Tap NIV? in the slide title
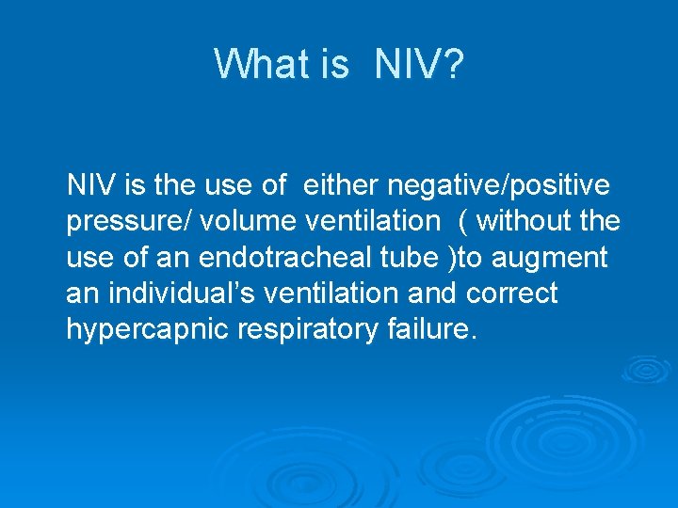pyautogui.click(x=418, y=64)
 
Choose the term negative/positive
pyautogui.click(x=503, y=185)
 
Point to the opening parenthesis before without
pyautogui.click(x=462, y=222)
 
